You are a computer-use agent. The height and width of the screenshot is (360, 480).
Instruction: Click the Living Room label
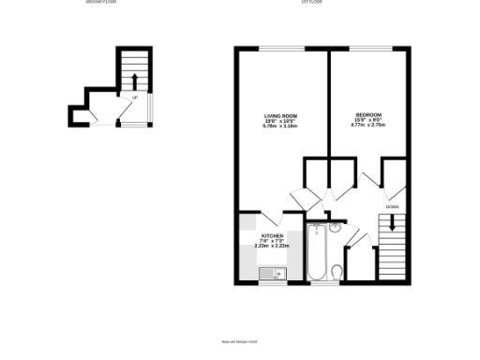[278, 115]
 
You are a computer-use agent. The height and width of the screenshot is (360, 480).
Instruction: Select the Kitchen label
[272, 235]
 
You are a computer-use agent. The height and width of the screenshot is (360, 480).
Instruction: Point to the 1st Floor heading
[313, 4]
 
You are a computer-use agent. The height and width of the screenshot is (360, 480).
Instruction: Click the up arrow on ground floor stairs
[134, 80]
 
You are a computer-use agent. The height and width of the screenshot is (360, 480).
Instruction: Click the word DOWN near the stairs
[391, 206]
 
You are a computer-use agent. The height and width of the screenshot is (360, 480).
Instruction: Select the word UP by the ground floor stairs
[135, 97]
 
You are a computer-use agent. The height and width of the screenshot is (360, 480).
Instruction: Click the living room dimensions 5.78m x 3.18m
[278, 126]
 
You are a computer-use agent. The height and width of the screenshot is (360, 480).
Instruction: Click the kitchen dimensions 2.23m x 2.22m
[272, 246]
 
